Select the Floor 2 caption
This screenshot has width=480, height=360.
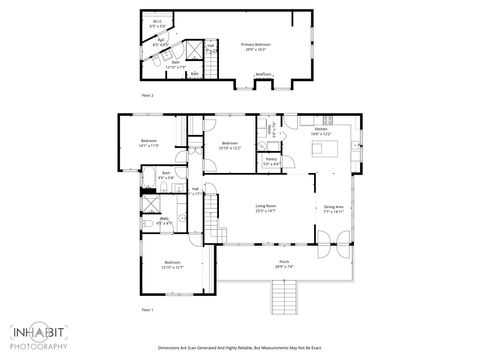pyautogui.click(x=146, y=94)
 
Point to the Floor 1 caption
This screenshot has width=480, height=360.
pyautogui.click(x=146, y=310)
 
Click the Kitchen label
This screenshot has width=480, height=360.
pyautogui.click(x=321, y=132)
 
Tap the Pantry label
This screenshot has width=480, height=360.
pyautogui.click(x=271, y=160)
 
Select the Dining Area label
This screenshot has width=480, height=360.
pyautogui.click(x=333, y=210)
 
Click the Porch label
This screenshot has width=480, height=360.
pyautogui.click(x=286, y=265)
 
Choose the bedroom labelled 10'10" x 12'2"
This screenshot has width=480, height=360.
pyautogui.click(x=230, y=145)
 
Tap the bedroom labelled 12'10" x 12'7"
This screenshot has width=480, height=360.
pyautogui.click(x=172, y=265)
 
